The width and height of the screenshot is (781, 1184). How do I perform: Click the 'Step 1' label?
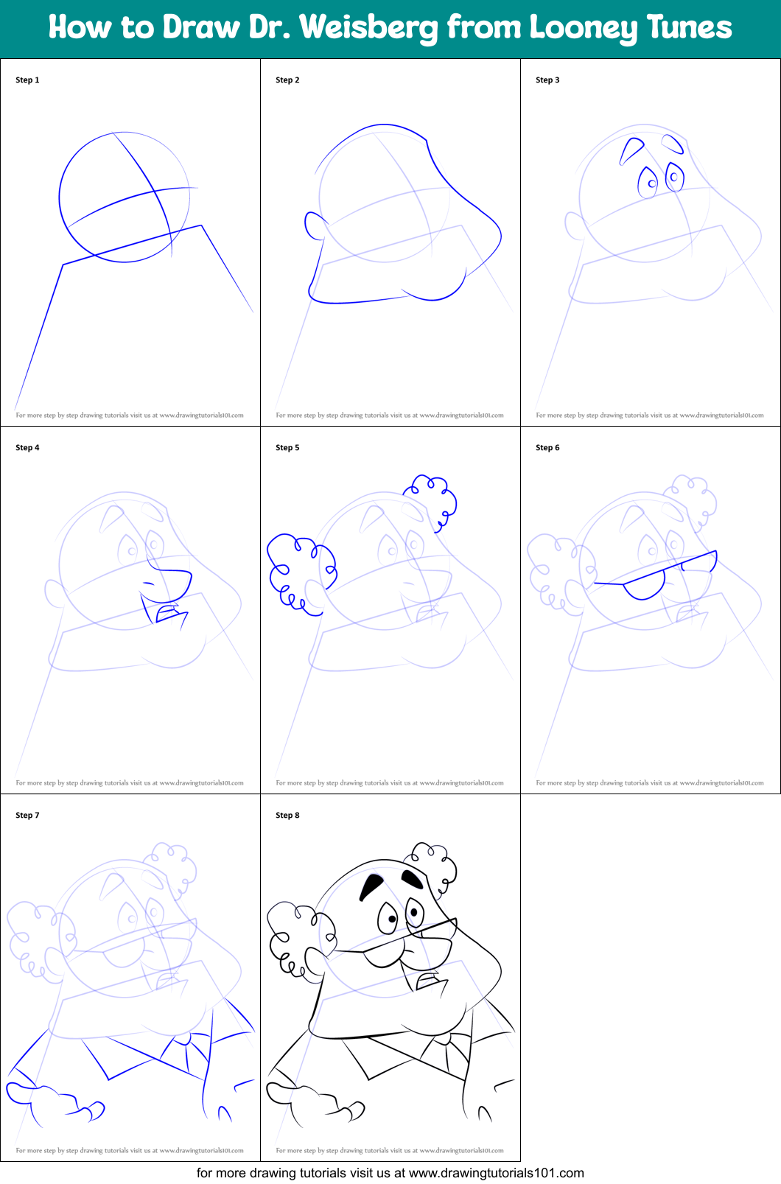coord(27,80)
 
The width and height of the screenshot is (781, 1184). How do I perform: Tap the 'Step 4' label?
coord(27,447)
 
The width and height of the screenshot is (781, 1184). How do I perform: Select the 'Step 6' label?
coord(547,447)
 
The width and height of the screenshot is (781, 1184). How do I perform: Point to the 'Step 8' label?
coord(287,815)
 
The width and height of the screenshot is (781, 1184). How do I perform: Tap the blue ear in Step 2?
coord(315,225)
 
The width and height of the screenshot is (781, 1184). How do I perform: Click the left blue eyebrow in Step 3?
coord(631,150)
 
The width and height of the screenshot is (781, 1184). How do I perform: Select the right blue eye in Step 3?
coord(675,177)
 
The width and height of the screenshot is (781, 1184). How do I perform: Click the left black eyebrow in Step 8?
coord(371,886)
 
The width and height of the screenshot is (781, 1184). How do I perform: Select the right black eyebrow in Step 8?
coord(412,878)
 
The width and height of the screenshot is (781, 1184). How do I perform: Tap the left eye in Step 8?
coord(388,918)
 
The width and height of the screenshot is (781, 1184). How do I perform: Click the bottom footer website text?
coord(390,1173)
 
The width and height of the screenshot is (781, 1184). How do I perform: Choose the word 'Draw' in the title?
coord(201,27)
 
